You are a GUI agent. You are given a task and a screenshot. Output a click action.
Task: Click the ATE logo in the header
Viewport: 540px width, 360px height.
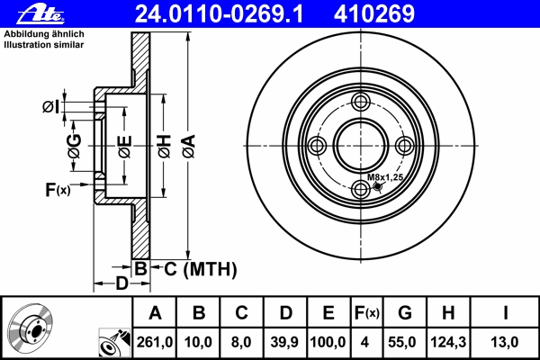click(40, 14)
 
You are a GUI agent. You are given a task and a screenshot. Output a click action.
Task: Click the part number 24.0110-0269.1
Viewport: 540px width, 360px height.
click(219, 14)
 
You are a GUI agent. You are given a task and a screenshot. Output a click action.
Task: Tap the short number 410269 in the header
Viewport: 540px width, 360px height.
click(374, 14)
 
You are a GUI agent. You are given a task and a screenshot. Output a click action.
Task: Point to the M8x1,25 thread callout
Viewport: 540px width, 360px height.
click(384, 177)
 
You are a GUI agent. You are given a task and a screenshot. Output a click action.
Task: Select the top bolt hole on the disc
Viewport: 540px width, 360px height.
click(361, 102)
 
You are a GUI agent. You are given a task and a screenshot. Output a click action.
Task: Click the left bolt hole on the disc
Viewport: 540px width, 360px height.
click(317, 146)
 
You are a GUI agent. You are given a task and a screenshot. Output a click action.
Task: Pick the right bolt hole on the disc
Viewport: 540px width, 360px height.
click(404, 146)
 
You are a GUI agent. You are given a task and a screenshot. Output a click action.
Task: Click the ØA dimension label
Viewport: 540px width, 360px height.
click(189, 146)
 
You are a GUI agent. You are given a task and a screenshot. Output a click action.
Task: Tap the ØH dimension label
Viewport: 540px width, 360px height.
click(165, 146)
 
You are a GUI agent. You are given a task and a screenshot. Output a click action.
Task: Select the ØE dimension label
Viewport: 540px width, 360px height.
click(125, 147)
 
